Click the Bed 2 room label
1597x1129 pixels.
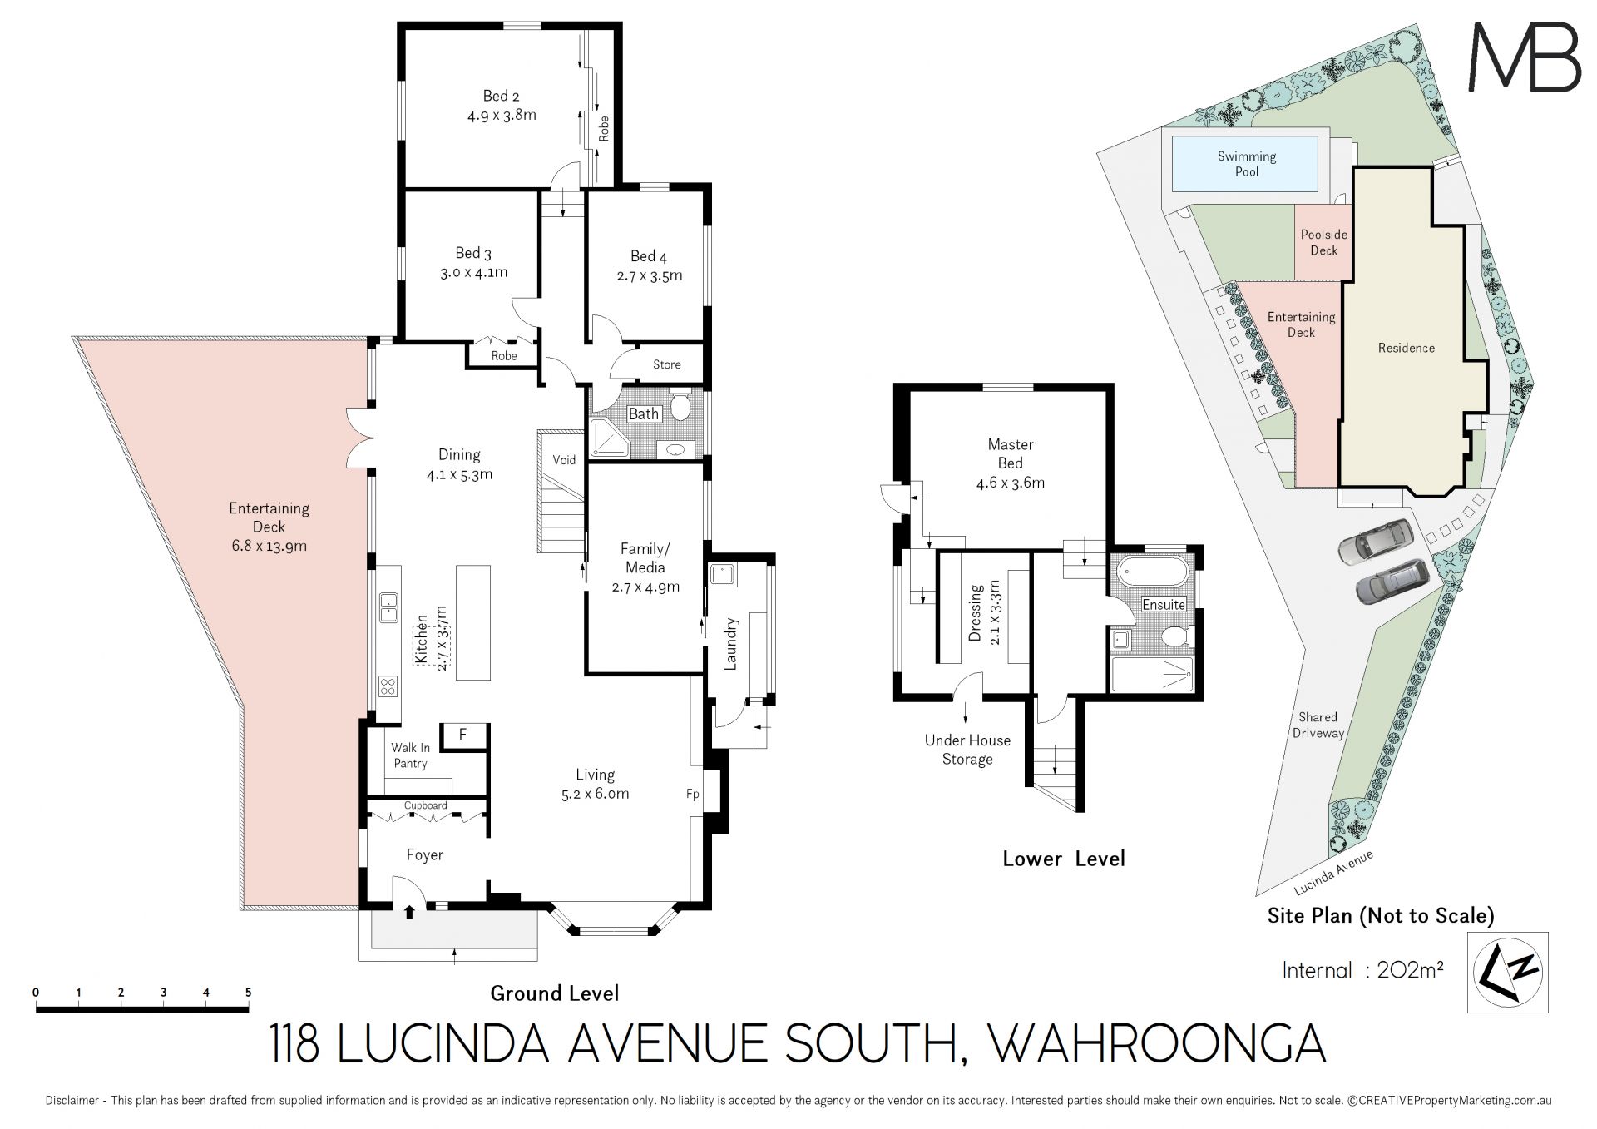pyautogui.click(x=502, y=97)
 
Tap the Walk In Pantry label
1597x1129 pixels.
pyautogui.click(x=410, y=755)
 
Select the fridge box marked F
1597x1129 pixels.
pyautogui.click(x=462, y=734)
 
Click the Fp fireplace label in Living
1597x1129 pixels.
pyautogui.click(x=692, y=794)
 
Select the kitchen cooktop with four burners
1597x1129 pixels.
pyautogui.click(x=388, y=686)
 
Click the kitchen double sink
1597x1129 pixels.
pyautogui.click(x=388, y=607)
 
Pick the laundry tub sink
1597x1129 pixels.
pyautogui.click(x=719, y=574)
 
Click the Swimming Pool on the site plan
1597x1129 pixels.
pyautogui.click(x=1245, y=163)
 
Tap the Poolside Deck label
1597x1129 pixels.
pyautogui.click(x=1324, y=242)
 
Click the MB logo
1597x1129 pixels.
pyautogui.click(x=1524, y=56)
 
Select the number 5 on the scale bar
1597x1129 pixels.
pyautogui.click(x=248, y=993)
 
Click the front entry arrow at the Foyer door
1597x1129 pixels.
pyautogui.click(x=409, y=912)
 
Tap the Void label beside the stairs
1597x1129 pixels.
pyautogui.click(x=564, y=459)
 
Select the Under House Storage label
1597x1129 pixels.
pyautogui.click(x=967, y=750)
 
